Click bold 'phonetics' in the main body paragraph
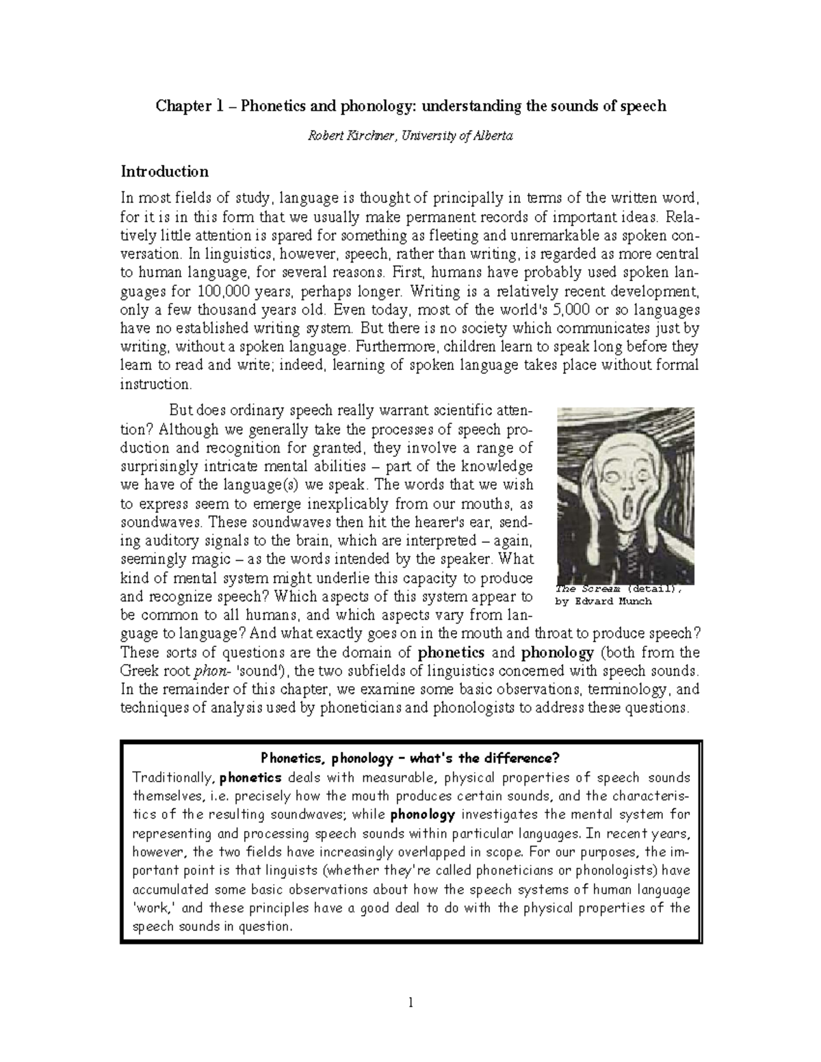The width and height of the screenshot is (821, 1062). tap(451, 652)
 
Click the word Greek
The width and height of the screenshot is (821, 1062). tap(139, 670)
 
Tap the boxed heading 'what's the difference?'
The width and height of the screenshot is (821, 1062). tap(485, 758)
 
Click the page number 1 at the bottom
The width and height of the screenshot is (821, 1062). tap(410, 1004)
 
